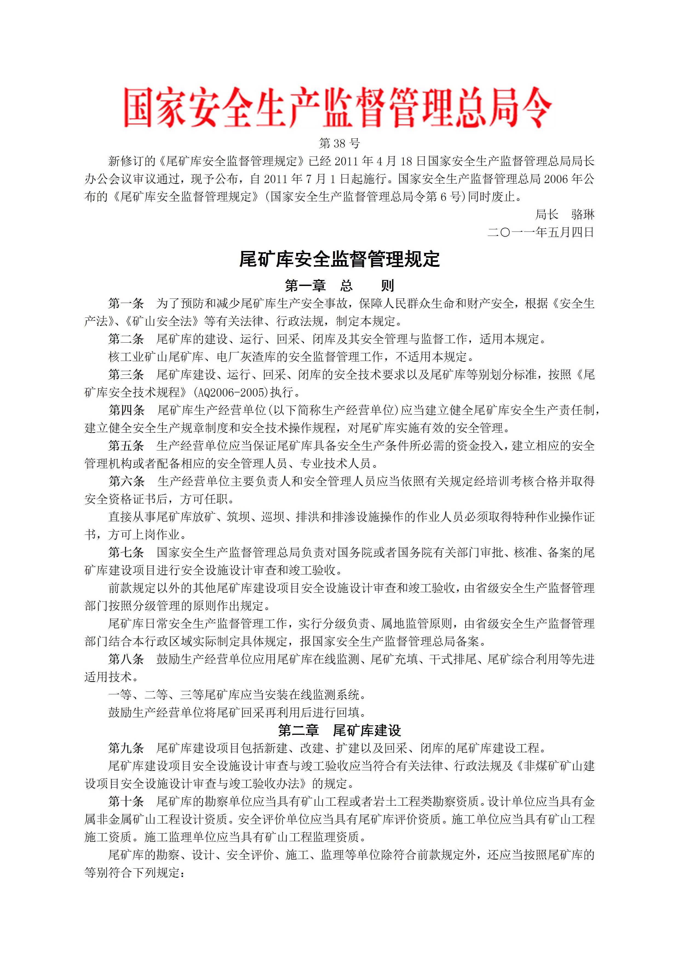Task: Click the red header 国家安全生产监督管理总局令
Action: (338, 107)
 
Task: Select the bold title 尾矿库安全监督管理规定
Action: (339, 259)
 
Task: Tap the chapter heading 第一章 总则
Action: (339, 286)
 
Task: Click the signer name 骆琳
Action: (583, 215)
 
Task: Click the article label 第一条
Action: (126, 303)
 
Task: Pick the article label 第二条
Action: (126, 339)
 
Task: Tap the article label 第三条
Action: (126, 375)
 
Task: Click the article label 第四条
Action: (126, 410)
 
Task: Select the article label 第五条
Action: (126, 446)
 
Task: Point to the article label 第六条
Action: (126, 481)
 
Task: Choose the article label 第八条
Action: (126, 659)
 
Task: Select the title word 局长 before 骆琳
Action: (547, 215)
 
